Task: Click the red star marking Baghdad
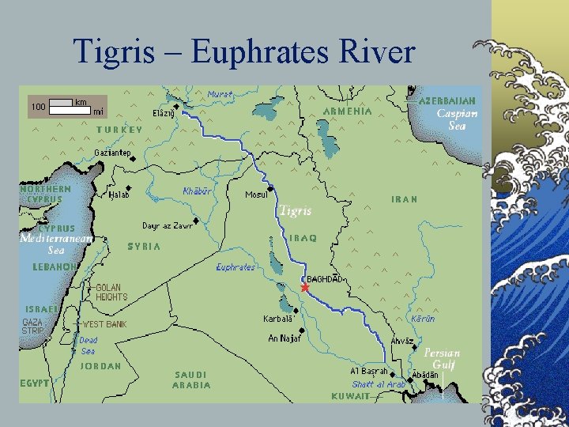[x=305, y=288]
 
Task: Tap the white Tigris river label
[x=295, y=211]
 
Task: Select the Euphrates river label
[x=236, y=268]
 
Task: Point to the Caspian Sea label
[x=456, y=119]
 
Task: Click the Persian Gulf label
[x=441, y=358]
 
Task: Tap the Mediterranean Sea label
[x=56, y=244]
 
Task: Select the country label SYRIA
[x=144, y=247]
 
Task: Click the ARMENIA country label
[x=347, y=111]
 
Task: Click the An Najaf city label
[x=284, y=338]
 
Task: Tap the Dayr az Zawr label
[x=168, y=225]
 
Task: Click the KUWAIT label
[x=349, y=395]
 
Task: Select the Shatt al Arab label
[x=379, y=385]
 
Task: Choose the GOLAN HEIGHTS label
[x=111, y=292]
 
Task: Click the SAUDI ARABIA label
[x=191, y=380]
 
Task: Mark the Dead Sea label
[x=89, y=346]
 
